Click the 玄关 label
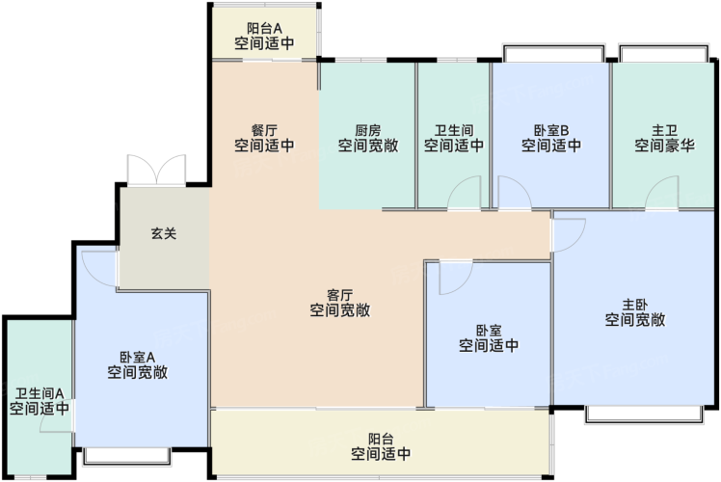(x=164, y=233)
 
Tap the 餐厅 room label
(x=264, y=130)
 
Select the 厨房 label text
(x=368, y=130)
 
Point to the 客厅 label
(x=340, y=295)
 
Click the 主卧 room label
(x=635, y=305)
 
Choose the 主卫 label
(x=664, y=130)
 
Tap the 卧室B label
(x=550, y=130)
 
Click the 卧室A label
(x=138, y=357)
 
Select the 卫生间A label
(x=40, y=393)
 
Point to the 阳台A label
(x=264, y=29)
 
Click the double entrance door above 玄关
(x=156, y=171)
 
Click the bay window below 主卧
(x=644, y=414)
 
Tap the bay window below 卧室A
(x=127, y=456)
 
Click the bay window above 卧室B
(x=553, y=52)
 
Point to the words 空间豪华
(x=664, y=146)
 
